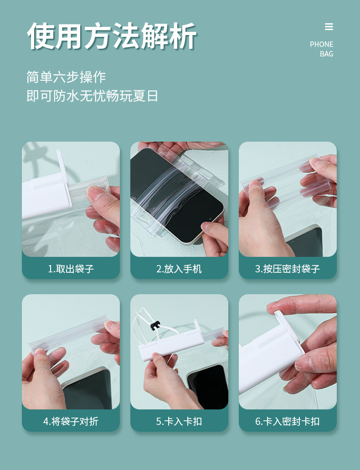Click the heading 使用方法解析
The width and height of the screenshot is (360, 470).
tap(112, 36)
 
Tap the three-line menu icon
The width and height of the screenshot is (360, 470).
tap(329, 27)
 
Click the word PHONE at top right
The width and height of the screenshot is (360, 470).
tap(321, 44)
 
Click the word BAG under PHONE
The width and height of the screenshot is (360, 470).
tap(326, 54)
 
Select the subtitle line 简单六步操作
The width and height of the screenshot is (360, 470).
tap(66, 77)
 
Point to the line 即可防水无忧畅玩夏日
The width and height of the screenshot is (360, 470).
tap(93, 96)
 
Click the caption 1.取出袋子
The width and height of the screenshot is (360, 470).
tap(71, 269)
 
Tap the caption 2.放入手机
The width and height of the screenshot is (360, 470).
tap(179, 269)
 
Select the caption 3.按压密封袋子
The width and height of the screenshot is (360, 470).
tap(288, 269)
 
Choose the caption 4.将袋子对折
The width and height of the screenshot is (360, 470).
tap(71, 421)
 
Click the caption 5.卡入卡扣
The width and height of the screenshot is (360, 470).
tap(179, 421)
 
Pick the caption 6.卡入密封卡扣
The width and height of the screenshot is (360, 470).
tap(288, 421)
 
